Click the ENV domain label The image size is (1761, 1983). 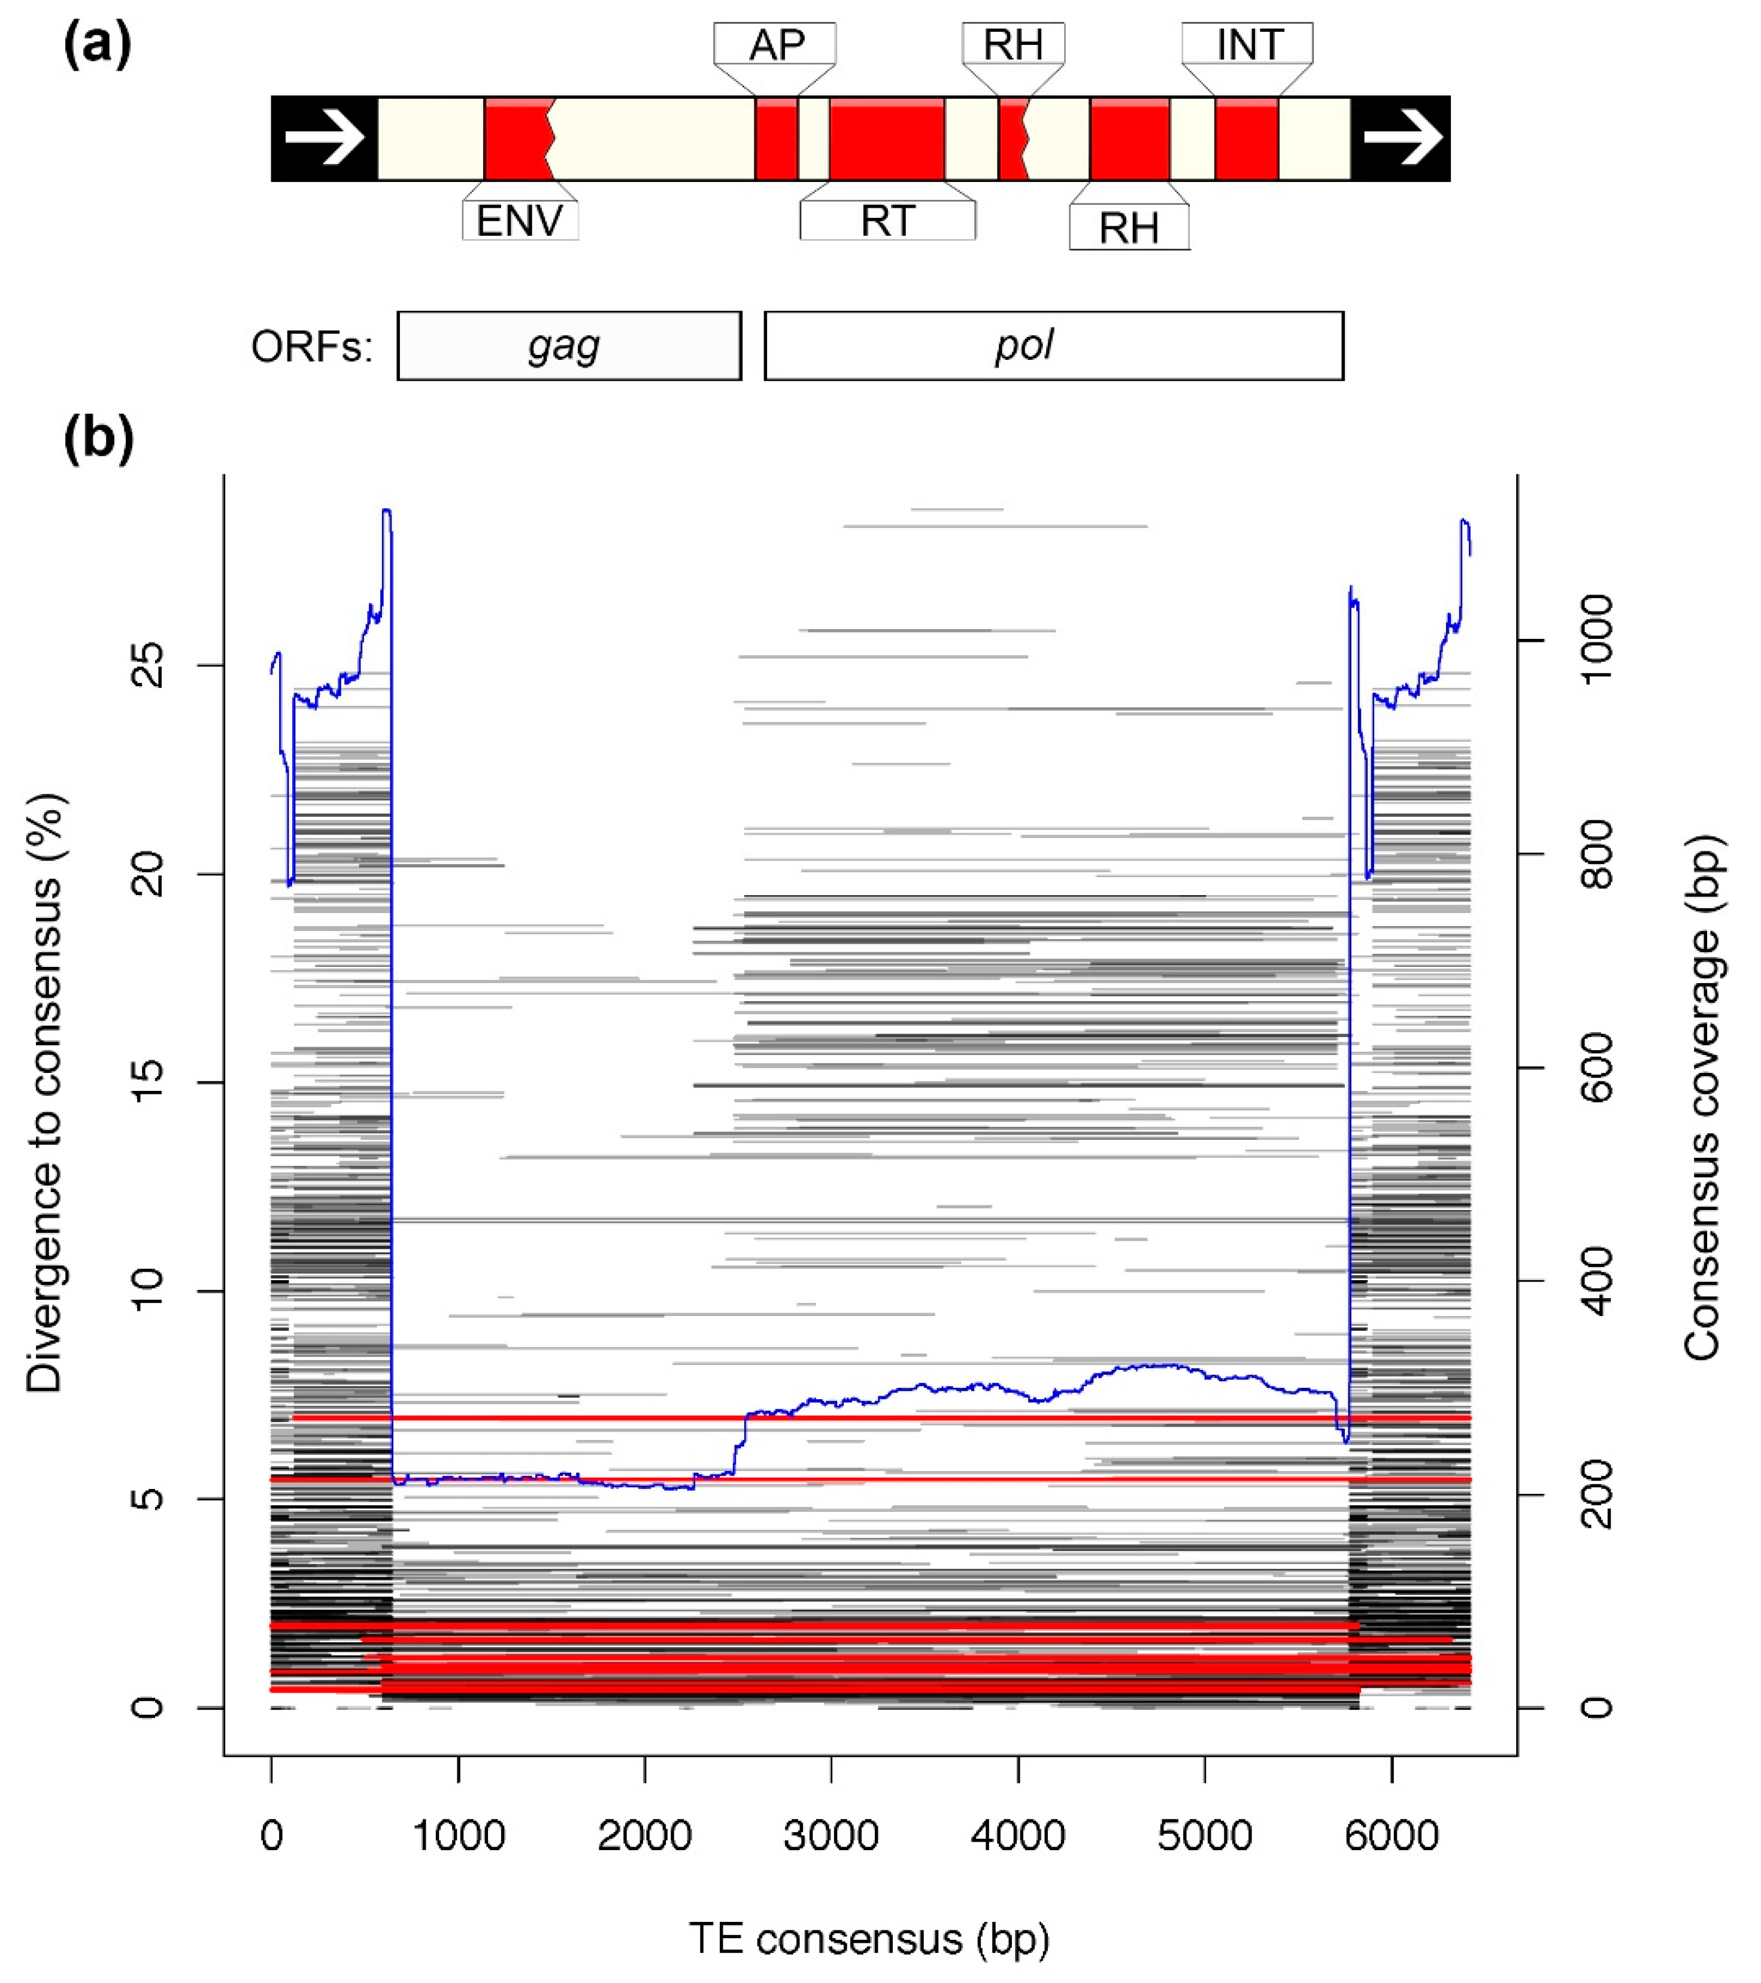[x=519, y=221]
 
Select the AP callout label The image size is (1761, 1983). [x=775, y=45]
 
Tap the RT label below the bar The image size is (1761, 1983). [x=887, y=221]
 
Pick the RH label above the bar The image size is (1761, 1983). [x=1013, y=45]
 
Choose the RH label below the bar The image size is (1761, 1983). [x=1129, y=228]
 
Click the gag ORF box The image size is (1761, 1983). [x=569, y=346]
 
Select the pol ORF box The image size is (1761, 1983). [x=1054, y=346]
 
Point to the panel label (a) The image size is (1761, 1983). [x=97, y=46]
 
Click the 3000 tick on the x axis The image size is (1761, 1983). [x=832, y=1836]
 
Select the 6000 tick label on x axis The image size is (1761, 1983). [x=1392, y=1836]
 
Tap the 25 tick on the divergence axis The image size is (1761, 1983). [x=147, y=666]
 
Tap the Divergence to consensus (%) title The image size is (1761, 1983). [x=44, y=1091]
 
